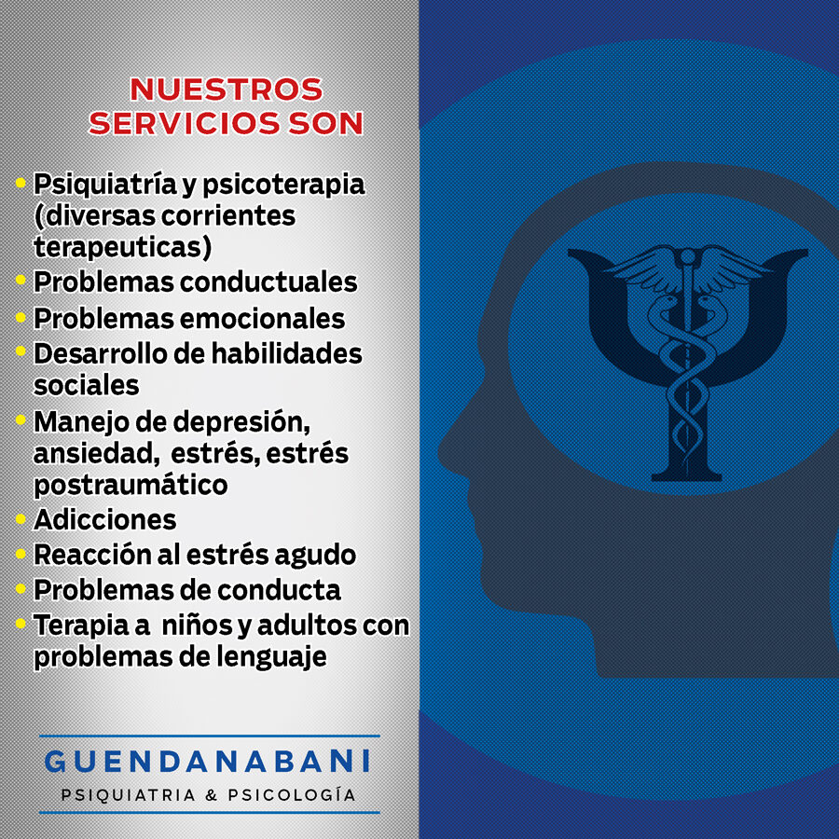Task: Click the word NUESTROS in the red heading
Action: coord(227,89)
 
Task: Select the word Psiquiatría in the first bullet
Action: coord(104,185)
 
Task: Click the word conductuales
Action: coord(268,282)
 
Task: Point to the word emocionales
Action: coord(262,319)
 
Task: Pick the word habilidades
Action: coord(287,353)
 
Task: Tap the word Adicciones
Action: coord(104,519)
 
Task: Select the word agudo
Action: coord(315,556)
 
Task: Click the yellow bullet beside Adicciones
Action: coord(21,518)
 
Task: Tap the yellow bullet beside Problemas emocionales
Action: coord(21,317)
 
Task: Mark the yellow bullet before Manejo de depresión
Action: coord(21,419)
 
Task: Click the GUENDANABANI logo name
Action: coord(207,761)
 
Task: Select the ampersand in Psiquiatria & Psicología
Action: coord(212,795)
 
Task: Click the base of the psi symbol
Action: coord(686,475)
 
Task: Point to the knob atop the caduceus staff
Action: coord(687,258)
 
